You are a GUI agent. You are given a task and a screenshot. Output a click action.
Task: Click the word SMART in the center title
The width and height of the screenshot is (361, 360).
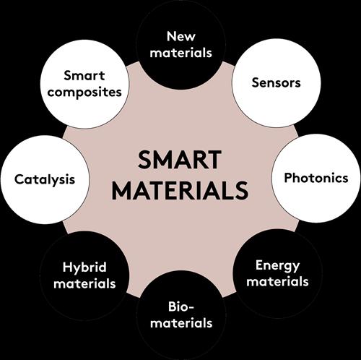pos(180,160)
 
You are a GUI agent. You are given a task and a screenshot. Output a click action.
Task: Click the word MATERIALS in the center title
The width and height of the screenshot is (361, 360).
pos(180,190)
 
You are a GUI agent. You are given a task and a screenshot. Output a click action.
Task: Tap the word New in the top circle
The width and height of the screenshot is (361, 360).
pos(181,36)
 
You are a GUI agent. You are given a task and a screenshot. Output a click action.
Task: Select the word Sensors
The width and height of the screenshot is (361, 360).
pos(276,82)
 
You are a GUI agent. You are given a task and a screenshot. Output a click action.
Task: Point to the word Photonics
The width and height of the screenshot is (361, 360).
pos(316,178)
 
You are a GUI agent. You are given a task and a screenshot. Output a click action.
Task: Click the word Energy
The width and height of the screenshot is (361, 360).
pos(277,266)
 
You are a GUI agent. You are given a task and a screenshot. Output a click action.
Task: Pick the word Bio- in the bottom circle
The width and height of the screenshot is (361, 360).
pos(180,307)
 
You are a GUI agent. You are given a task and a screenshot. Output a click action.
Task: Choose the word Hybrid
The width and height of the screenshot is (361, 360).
pos(84,268)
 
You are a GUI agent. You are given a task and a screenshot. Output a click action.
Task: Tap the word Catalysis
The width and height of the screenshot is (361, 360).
pos(45,180)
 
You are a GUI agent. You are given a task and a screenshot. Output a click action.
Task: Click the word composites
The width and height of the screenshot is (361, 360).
pos(84,93)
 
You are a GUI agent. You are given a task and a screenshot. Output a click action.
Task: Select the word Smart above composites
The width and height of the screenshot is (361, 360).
pos(84,76)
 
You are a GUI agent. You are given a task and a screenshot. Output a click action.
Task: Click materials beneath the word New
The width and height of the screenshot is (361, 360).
pos(180,53)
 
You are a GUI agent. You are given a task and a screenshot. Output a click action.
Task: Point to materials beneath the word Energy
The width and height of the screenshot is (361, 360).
pos(277,281)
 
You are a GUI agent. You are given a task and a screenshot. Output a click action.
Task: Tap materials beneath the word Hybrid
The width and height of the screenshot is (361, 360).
pos(84,283)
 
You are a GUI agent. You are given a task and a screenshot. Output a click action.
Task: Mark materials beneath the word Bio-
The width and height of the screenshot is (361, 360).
pos(181,323)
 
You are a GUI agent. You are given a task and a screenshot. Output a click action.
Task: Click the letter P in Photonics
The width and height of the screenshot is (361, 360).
pos(288,178)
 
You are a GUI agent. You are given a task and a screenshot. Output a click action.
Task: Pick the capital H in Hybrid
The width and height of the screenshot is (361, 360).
pos(67,267)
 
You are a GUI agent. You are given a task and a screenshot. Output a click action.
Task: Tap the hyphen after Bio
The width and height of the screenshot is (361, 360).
pos(191,308)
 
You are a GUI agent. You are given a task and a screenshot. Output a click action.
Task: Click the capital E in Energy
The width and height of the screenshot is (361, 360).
pos(259,265)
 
